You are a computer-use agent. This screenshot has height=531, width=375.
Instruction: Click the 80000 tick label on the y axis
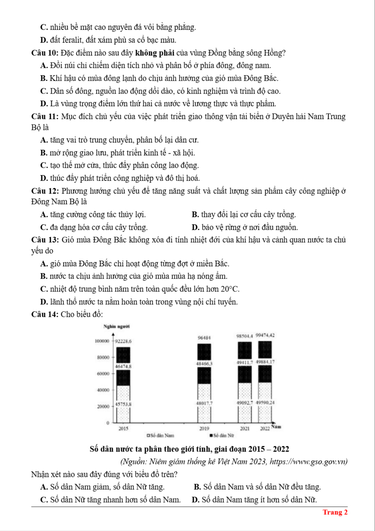tap(103, 357)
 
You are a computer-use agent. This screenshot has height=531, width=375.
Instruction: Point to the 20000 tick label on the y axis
tap(103, 406)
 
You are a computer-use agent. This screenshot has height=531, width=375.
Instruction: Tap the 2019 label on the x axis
tap(204, 428)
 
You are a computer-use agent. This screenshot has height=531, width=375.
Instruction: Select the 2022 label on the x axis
tap(265, 428)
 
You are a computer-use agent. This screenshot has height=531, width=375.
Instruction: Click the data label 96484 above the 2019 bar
tap(204, 338)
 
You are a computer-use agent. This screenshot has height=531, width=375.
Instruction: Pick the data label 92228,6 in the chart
tap(123, 341)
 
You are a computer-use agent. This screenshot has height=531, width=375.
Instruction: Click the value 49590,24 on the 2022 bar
tap(265, 402)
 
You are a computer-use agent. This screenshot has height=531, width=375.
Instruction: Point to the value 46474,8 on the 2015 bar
tap(123, 366)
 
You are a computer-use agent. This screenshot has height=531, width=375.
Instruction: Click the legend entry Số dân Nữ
tap(222, 435)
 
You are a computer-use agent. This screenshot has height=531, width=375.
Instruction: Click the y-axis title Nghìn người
tap(117, 327)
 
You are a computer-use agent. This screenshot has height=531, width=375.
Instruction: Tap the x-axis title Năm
tap(276, 427)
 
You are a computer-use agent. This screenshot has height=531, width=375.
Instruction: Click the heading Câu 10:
tap(45, 53)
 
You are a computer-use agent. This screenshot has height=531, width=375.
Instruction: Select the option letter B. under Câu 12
tap(195, 215)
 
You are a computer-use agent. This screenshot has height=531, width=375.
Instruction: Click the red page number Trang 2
tap(335, 512)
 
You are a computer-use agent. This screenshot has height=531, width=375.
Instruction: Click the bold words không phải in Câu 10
tap(155, 53)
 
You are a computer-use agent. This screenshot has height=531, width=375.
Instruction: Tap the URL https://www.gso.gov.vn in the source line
tap(308, 461)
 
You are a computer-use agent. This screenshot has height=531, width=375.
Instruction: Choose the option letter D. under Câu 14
tap(195, 499)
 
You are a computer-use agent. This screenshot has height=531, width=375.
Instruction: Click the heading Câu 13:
tap(45, 240)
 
